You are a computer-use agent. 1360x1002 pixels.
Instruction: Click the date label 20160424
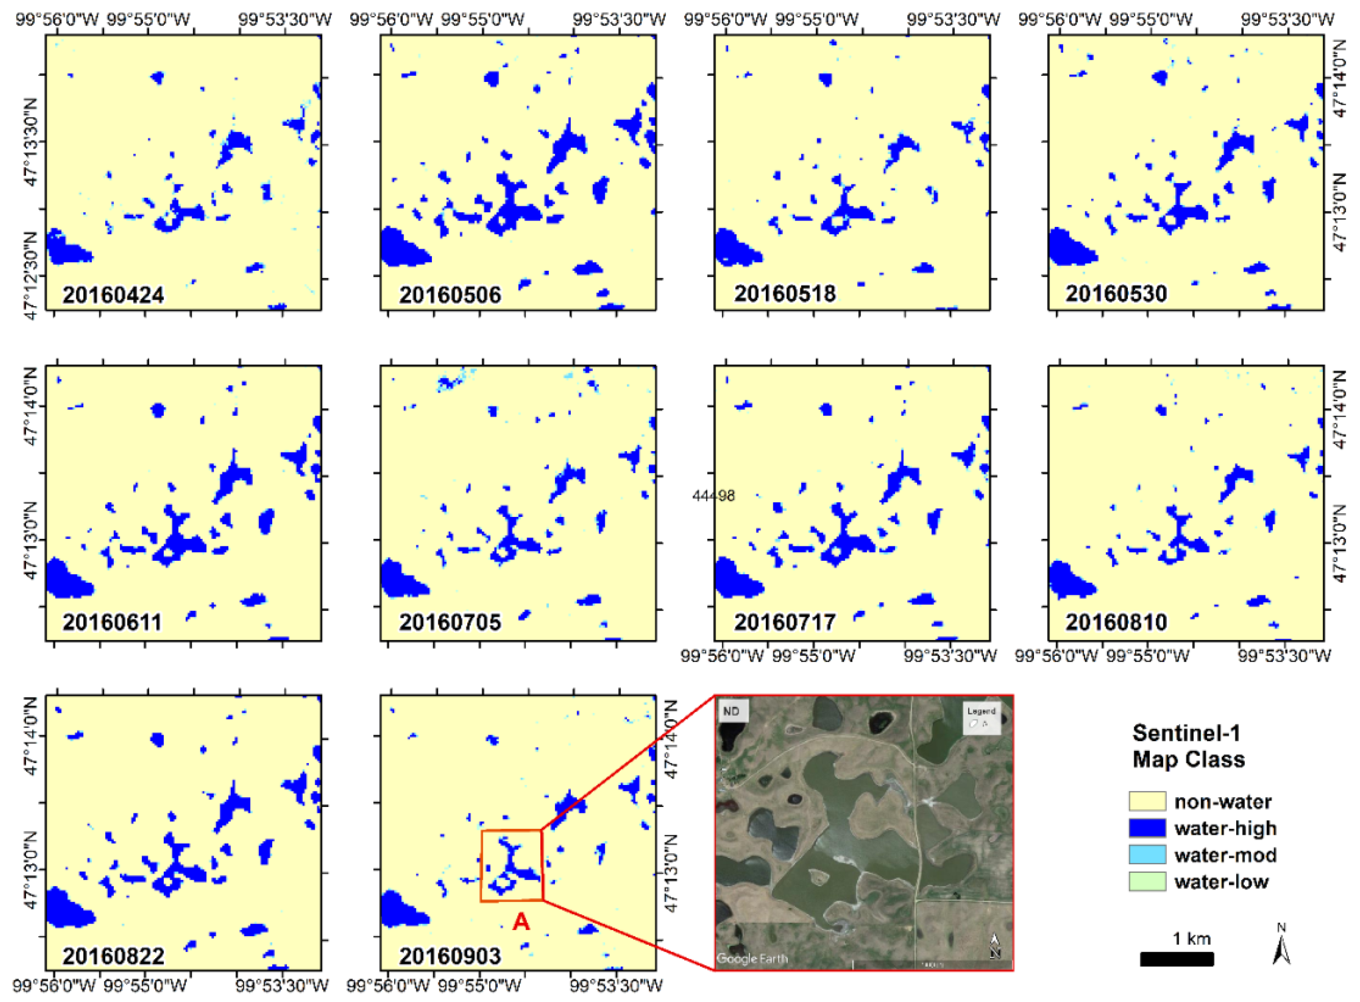point(113,295)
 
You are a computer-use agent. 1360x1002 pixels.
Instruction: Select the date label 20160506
point(449,295)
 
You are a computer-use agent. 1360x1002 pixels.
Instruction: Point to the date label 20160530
point(1116,294)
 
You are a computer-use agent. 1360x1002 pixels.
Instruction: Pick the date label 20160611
point(112,622)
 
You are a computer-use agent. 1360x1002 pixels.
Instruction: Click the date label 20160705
point(449,622)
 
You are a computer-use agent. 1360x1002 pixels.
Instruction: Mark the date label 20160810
point(1116,622)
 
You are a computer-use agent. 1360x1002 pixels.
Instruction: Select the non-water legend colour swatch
point(1147,801)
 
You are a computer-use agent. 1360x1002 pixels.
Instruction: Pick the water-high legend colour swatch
point(1147,828)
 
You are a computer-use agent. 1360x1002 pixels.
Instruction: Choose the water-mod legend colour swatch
point(1147,855)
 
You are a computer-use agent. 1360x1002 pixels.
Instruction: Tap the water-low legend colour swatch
point(1147,881)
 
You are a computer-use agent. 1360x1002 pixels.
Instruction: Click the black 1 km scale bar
point(1176,959)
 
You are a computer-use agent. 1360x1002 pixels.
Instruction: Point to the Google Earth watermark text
point(752,959)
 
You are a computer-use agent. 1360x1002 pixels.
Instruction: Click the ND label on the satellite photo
point(731,711)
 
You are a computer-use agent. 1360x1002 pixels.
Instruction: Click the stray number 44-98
point(713,496)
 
